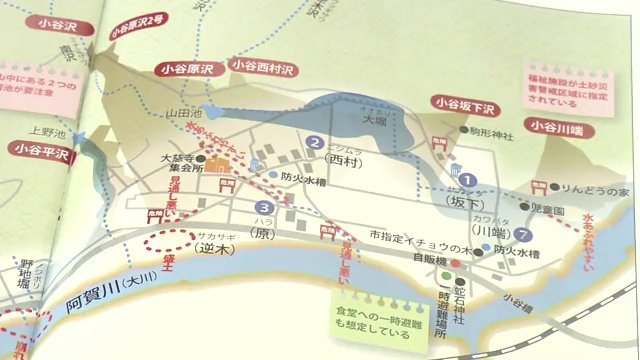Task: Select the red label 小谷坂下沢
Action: click(x=464, y=102)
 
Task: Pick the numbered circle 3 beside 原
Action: click(x=260, y=208)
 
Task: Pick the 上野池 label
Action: click(x=46, y=130)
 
